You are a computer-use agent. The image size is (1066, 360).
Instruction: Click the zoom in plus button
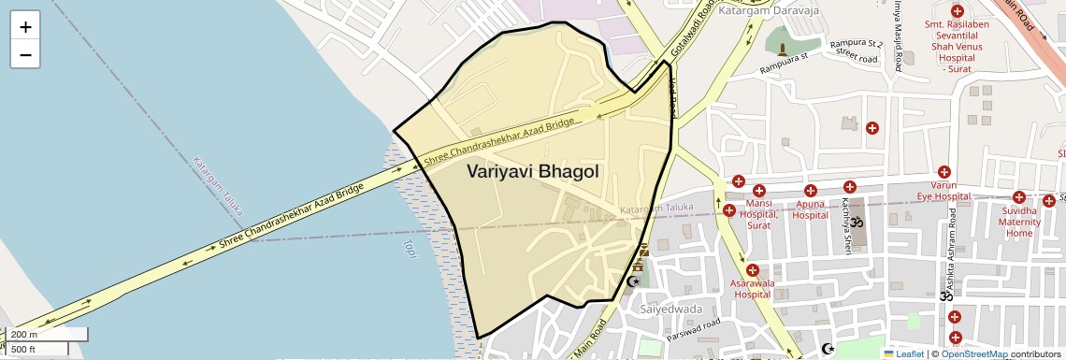tap(25, 27)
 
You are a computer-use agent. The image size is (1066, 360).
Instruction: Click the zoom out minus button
tap(25, 55)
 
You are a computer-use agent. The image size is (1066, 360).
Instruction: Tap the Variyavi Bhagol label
tap(532, 172)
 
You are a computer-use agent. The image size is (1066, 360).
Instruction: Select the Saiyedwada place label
tap(670, 309)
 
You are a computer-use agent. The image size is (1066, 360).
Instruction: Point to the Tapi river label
tap(409, 248)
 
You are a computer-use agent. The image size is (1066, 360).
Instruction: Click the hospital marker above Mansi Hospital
tap(738, 182)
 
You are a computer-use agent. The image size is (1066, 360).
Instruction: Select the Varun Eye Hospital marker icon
tap(944, 172)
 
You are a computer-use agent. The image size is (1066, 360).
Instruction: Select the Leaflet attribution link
tap(903, 353)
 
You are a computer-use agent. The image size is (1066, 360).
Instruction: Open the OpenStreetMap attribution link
tap(973, 353)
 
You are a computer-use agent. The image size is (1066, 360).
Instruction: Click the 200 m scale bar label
tap(25, 334)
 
